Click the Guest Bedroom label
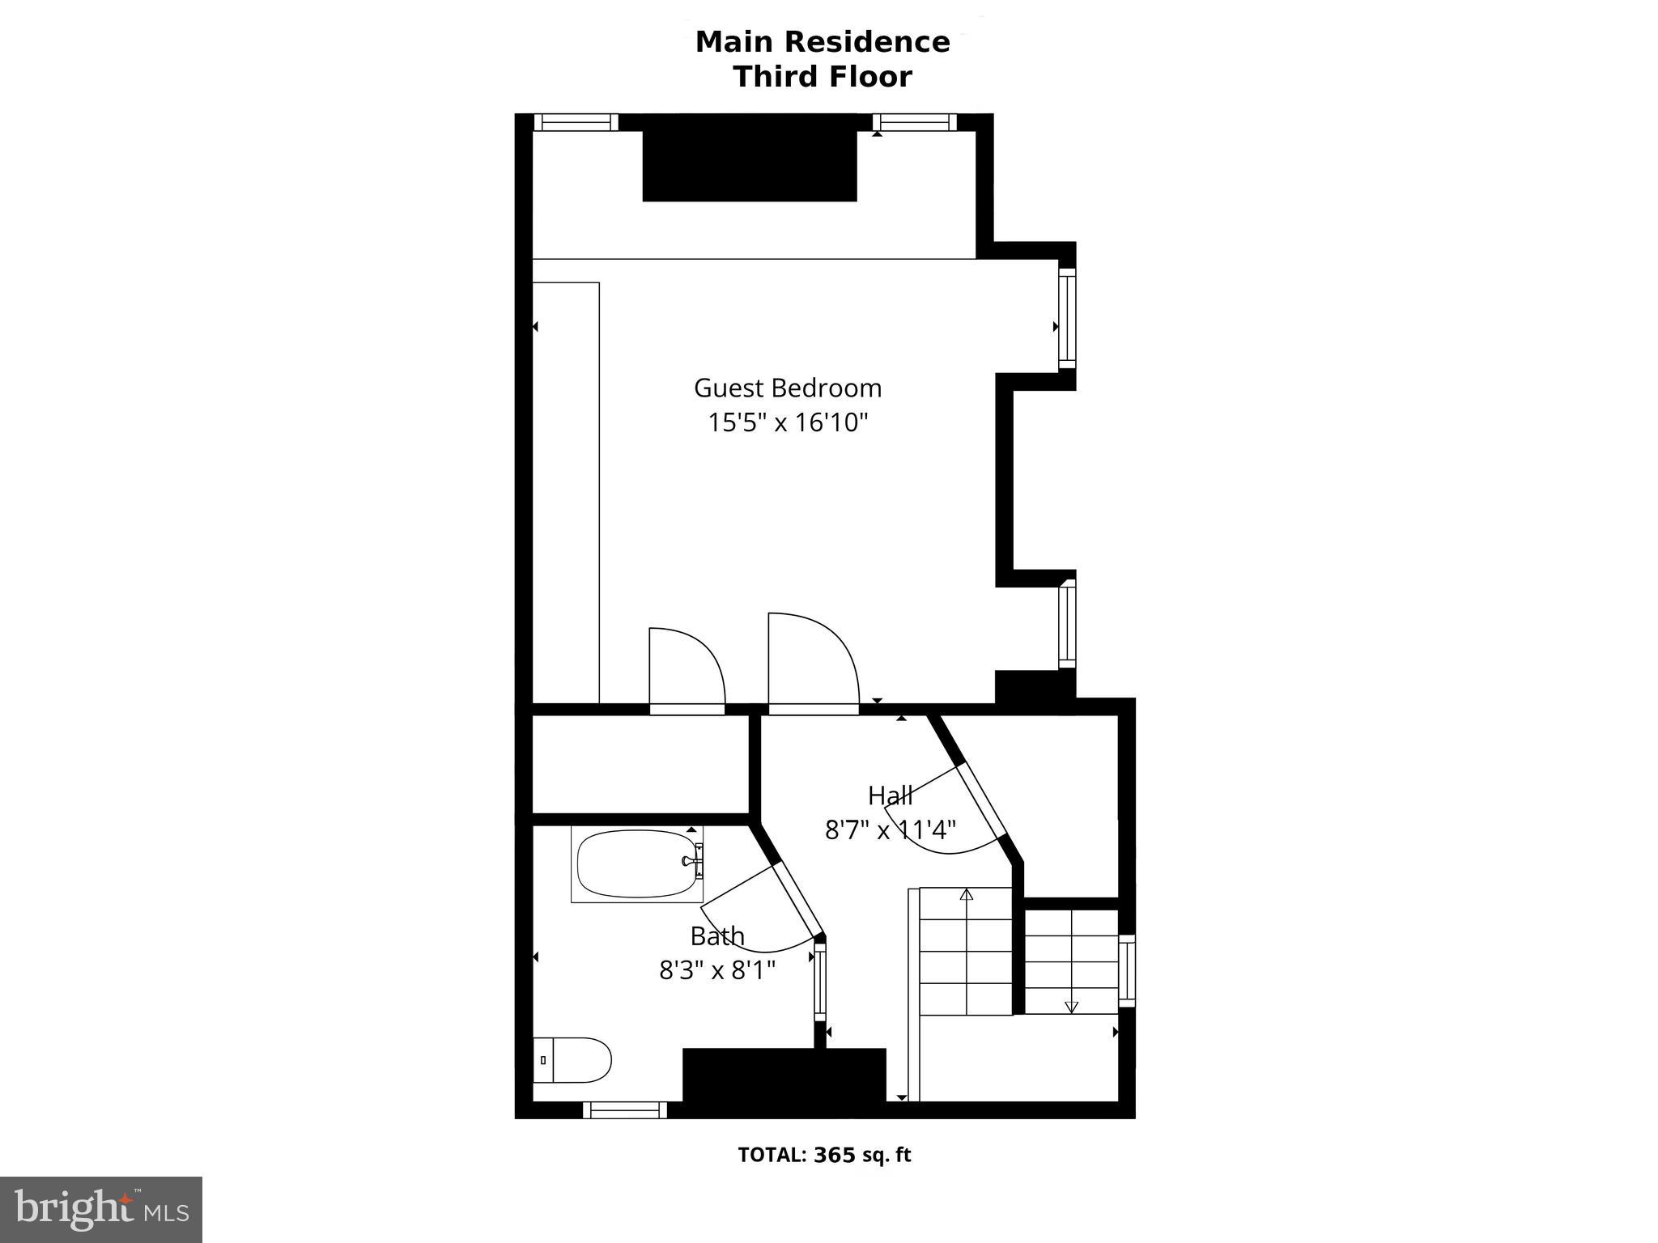pos(787,388)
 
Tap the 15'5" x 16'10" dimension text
pos(788,422)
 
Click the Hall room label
pos(890,795)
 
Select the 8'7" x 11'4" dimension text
pos(890,829)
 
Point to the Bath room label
pos(716,936)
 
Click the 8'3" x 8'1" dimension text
pos(716,969)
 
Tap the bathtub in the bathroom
pos(636,863)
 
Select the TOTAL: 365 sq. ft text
pos(823,1155)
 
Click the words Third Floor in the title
pos(822,77)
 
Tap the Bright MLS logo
pos(101,1209)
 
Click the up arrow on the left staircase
pos(966,895)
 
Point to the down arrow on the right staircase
pos(1071,1007)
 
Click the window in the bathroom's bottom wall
pos(624,1109)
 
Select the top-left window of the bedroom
pos(575,122)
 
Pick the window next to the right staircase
pos(1126,970)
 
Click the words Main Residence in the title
pos(822,42)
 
